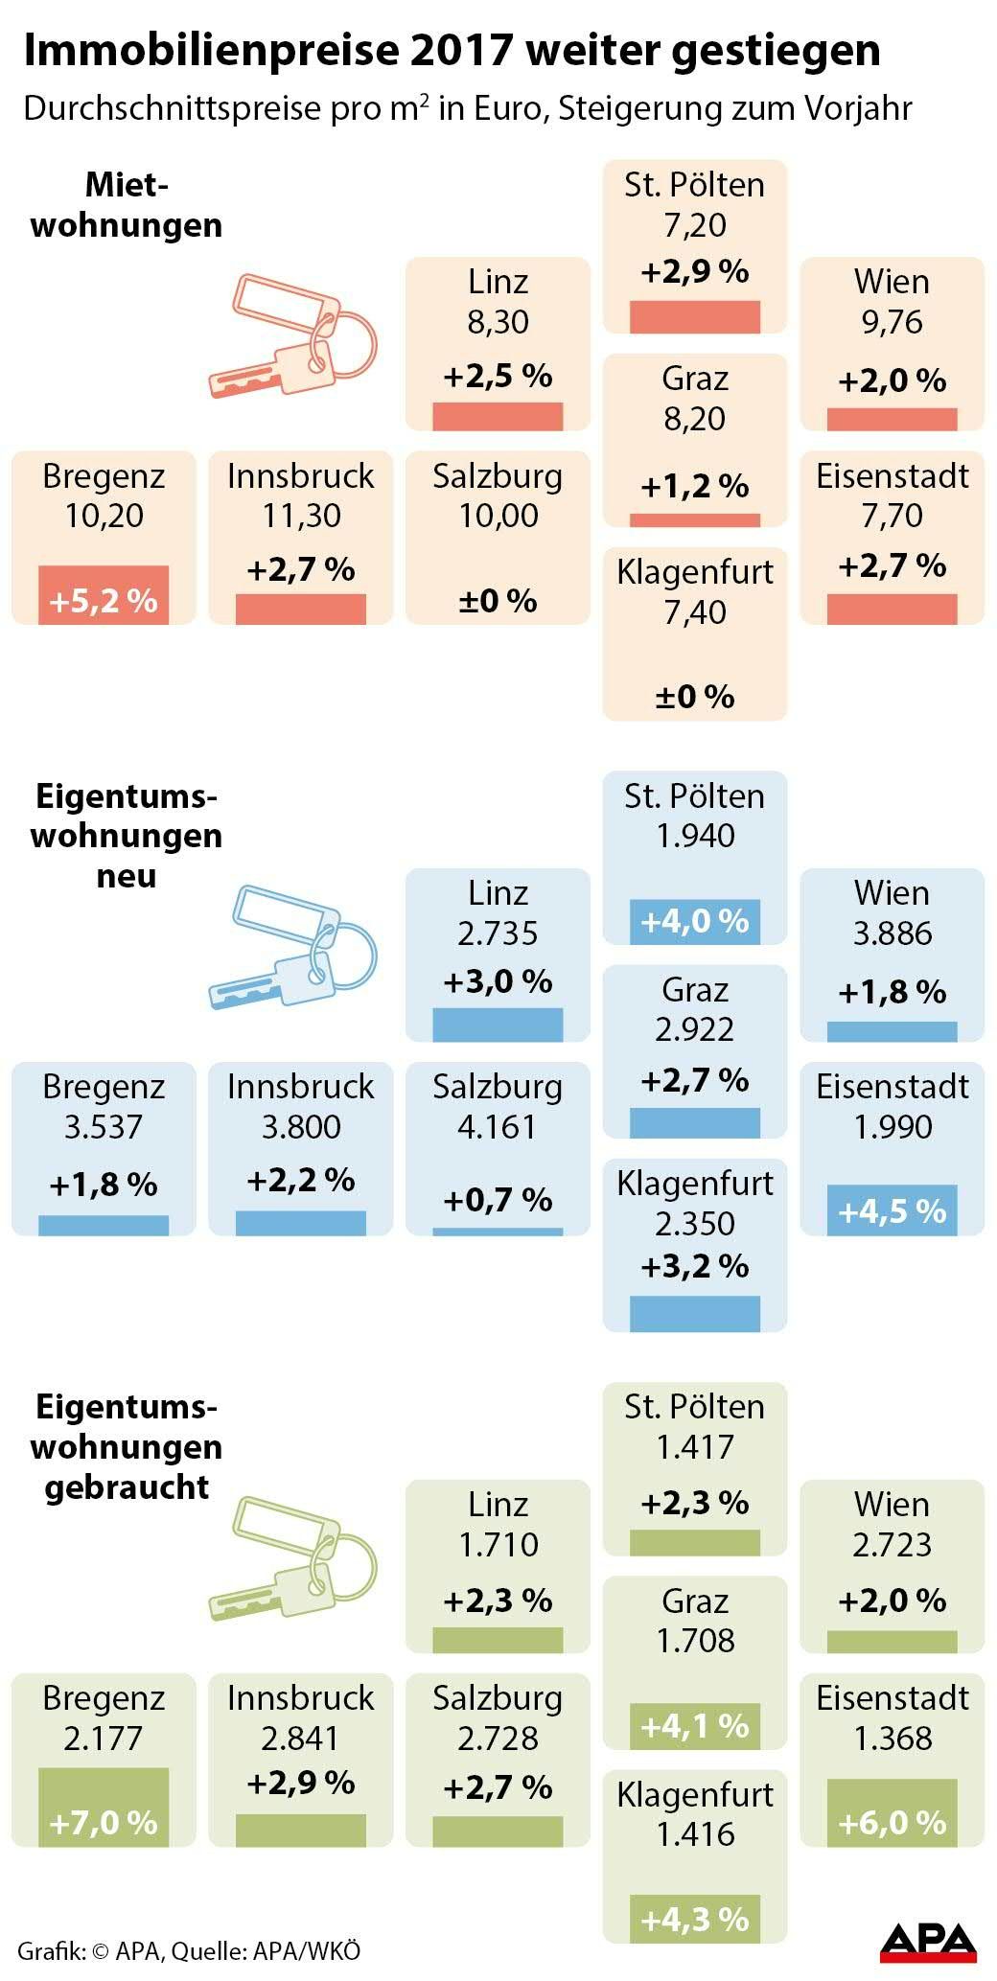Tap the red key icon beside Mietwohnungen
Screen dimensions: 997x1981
pos(293,335)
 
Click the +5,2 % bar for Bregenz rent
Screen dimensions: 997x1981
pos(104,595)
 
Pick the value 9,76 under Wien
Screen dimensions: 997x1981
pos(892,322)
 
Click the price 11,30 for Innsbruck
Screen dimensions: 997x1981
pos(301,516)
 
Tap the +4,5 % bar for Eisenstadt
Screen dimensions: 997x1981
pos(892,1209)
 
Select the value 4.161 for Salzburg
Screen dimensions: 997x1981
pos(498,1127)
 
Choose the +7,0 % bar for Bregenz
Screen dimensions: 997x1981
pos(104,1808)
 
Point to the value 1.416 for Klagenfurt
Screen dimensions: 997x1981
pos(695,1834)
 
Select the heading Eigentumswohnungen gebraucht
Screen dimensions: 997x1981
pos(127,1447)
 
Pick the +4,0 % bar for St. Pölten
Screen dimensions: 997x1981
pos(695,922)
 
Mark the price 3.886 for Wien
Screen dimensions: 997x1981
pos(892,933)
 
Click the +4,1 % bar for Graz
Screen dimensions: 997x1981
pos(695,1726)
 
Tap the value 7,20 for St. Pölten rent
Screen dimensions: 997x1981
pos(695,225)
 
